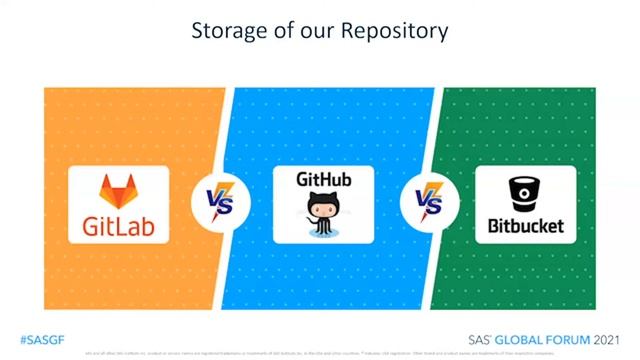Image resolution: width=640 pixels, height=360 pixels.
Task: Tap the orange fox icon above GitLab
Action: coord(118,191)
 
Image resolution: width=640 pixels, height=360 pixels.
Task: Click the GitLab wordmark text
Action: coord(118,223)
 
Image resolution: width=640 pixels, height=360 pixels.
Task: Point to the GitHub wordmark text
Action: coord(323,181)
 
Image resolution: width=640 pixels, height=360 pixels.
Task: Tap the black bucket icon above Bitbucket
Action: coord(525,190)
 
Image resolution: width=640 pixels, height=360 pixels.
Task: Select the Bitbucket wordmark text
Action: coord(525,225)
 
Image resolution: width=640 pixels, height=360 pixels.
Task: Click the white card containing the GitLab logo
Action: coord(118,204)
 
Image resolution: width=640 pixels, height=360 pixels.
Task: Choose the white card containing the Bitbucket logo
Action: coord(525,204)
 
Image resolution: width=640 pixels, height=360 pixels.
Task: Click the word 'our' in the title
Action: coord(309,32)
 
